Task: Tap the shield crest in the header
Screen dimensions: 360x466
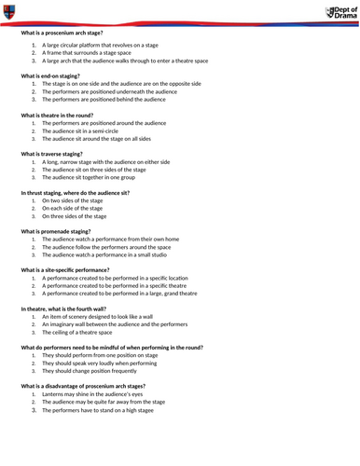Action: click(x=8, y=10)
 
